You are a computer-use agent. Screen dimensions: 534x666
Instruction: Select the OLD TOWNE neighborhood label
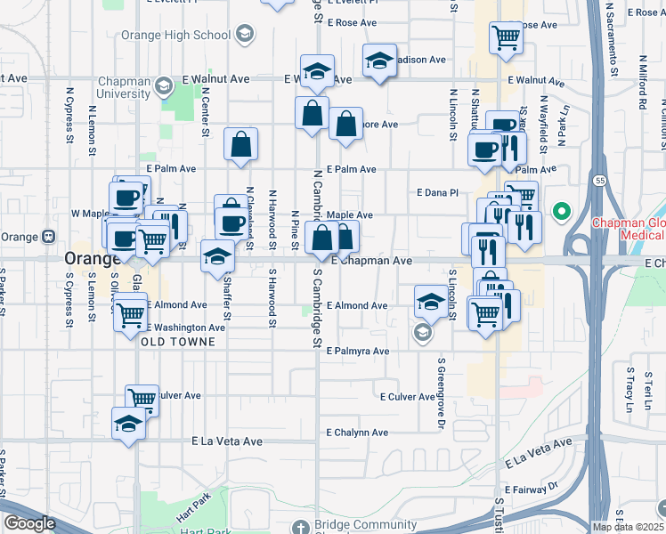point(177,342)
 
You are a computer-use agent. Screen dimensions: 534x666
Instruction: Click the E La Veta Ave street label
point(228,441)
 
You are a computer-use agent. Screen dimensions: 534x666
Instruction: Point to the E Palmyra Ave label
point(357,352)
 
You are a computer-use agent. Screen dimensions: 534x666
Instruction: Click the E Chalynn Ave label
point(356,433)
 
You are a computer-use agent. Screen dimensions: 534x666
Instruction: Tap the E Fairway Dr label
point(530,489)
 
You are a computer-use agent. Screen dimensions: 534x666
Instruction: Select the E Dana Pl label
point(437,192)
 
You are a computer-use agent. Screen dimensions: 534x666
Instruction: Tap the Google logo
point(29,523)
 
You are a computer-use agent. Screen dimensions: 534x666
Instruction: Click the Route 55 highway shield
point(600,181)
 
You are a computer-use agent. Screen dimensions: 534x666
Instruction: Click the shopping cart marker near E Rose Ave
point(506,37)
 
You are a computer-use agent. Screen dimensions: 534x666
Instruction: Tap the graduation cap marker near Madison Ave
point(379,61)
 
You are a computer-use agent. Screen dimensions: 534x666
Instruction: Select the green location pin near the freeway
point(561,212)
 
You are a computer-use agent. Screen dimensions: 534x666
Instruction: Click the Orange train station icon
point(48,237)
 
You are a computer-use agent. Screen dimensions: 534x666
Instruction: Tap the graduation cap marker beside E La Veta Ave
point(129,423)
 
